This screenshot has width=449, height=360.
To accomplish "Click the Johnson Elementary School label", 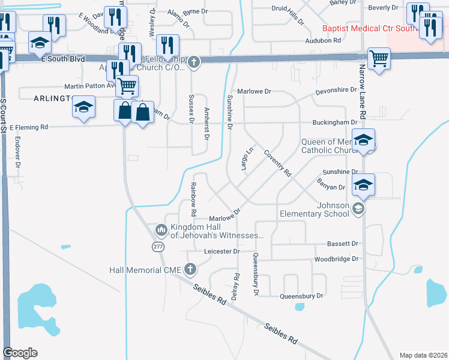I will pyautogui.click(x=314, y=208).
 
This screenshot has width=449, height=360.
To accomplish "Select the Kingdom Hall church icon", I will pyautogui.click(x=161, y=230).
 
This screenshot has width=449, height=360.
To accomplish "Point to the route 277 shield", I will pyautogui.click(x=158, y=247).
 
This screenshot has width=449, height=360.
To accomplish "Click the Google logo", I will pyautogui.click(x=20, y=353).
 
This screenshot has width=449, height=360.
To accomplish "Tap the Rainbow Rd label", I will pyautogui.click(x=194, y=199).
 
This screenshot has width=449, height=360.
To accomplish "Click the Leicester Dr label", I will pyautogui.click(x=221, y=251).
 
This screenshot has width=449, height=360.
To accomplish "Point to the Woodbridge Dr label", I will pyautogui.click(x=336, y=259).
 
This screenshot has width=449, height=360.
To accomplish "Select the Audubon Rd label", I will pyautogui.click(x=323, y=40).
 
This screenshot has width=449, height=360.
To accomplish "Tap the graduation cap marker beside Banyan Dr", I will pyautogui.click(x=363, y=184).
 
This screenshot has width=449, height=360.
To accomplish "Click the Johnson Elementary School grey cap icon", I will pyautogui.click(x=358, y=208).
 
